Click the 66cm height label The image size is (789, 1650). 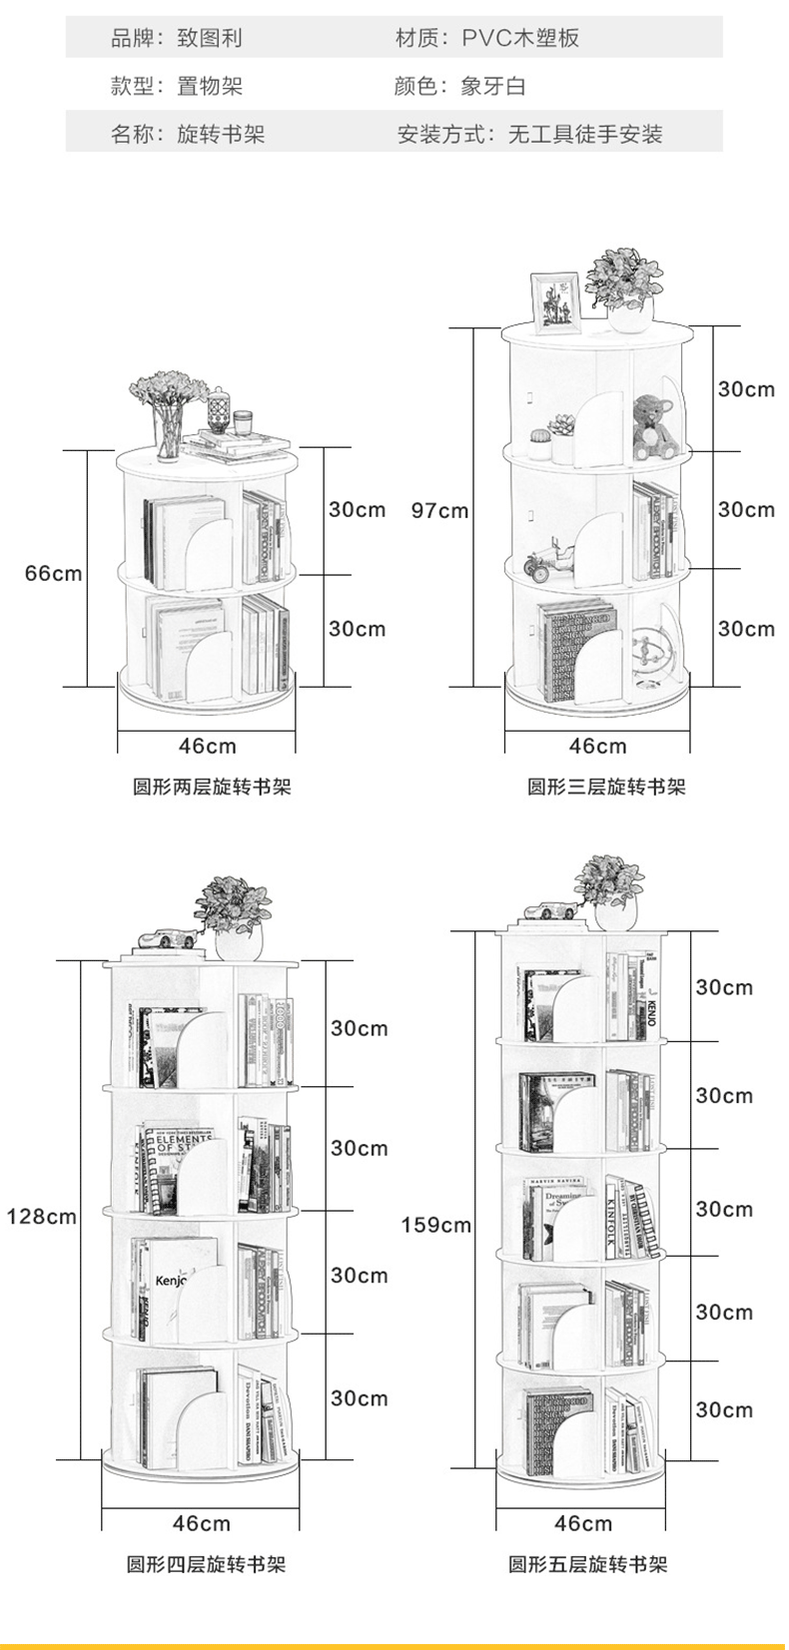click(x=53, y=574)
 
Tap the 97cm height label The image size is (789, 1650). click(x=439, y=511)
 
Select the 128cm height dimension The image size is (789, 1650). click(x=41, y=1217)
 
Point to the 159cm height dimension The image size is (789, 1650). click(x=435, y=1225)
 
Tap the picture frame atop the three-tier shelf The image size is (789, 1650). click(x=554, y=301)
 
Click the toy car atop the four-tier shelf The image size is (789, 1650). click(x=165, y=939)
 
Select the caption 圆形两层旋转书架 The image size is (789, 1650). click(x=212, y=787)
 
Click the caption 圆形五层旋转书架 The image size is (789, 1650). click(x=587, y=1564)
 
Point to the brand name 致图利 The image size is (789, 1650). click(x=210, y=38)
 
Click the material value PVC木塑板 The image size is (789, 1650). click(x=520, y=38)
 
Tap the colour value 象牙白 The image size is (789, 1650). click(x=493, y=86)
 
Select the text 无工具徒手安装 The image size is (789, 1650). click(x=585, y=134)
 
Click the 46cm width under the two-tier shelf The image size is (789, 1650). click(x=208, y=746)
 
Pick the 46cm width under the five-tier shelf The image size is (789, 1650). click(x=583, y=1523)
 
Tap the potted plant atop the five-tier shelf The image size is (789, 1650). click(x=612, y=890)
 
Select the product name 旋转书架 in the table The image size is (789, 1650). click(x=221, y=134)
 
